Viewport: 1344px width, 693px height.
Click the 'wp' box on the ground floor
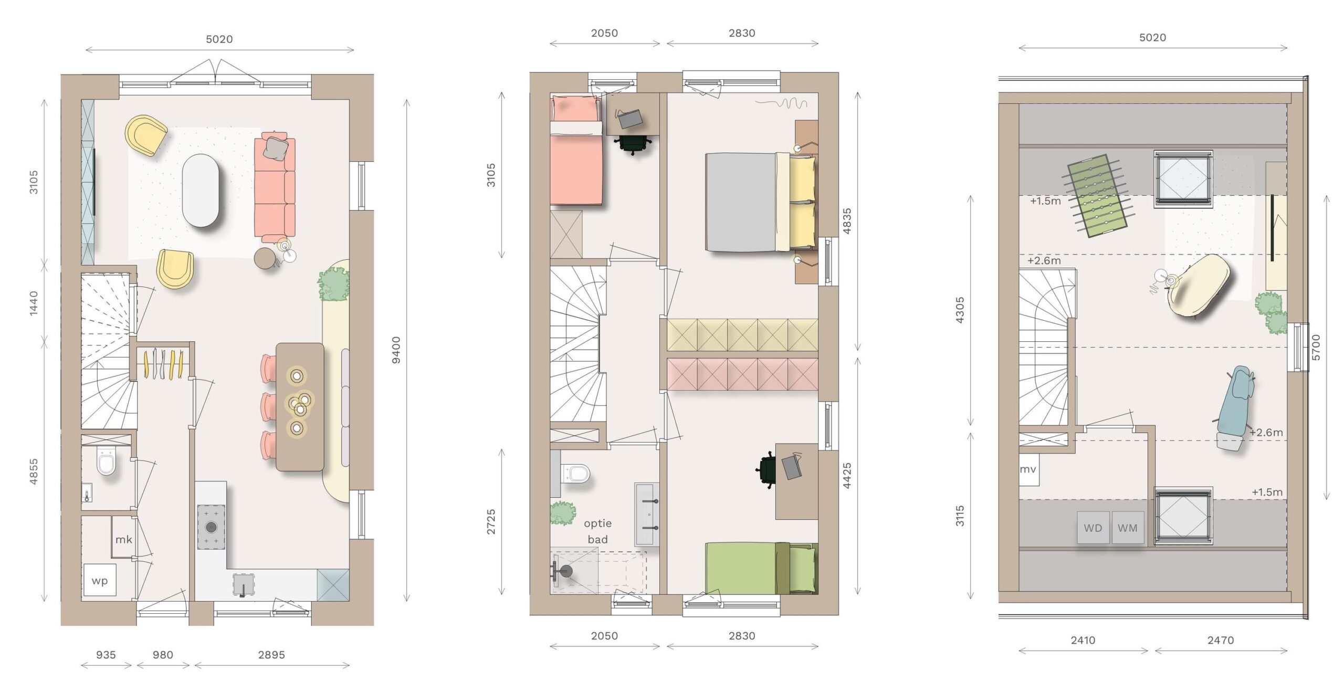100,580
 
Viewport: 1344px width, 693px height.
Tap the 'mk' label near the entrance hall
123,539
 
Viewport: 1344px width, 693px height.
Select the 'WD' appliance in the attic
1093,528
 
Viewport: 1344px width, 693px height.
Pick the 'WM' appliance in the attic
1128,528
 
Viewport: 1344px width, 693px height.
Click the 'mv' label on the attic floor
1028,469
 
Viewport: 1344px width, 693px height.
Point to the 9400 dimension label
396,350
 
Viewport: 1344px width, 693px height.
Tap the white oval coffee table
201,190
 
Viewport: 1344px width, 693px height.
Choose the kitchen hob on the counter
211,527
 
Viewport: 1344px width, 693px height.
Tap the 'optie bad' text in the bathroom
598,531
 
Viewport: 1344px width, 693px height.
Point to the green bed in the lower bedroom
761,569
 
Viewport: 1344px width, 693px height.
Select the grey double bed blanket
741,202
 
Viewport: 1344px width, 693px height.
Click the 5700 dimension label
1316,347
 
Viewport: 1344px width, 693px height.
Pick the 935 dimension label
106,655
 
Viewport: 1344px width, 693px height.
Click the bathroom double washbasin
647,514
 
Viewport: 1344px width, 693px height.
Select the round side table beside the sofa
266,258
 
